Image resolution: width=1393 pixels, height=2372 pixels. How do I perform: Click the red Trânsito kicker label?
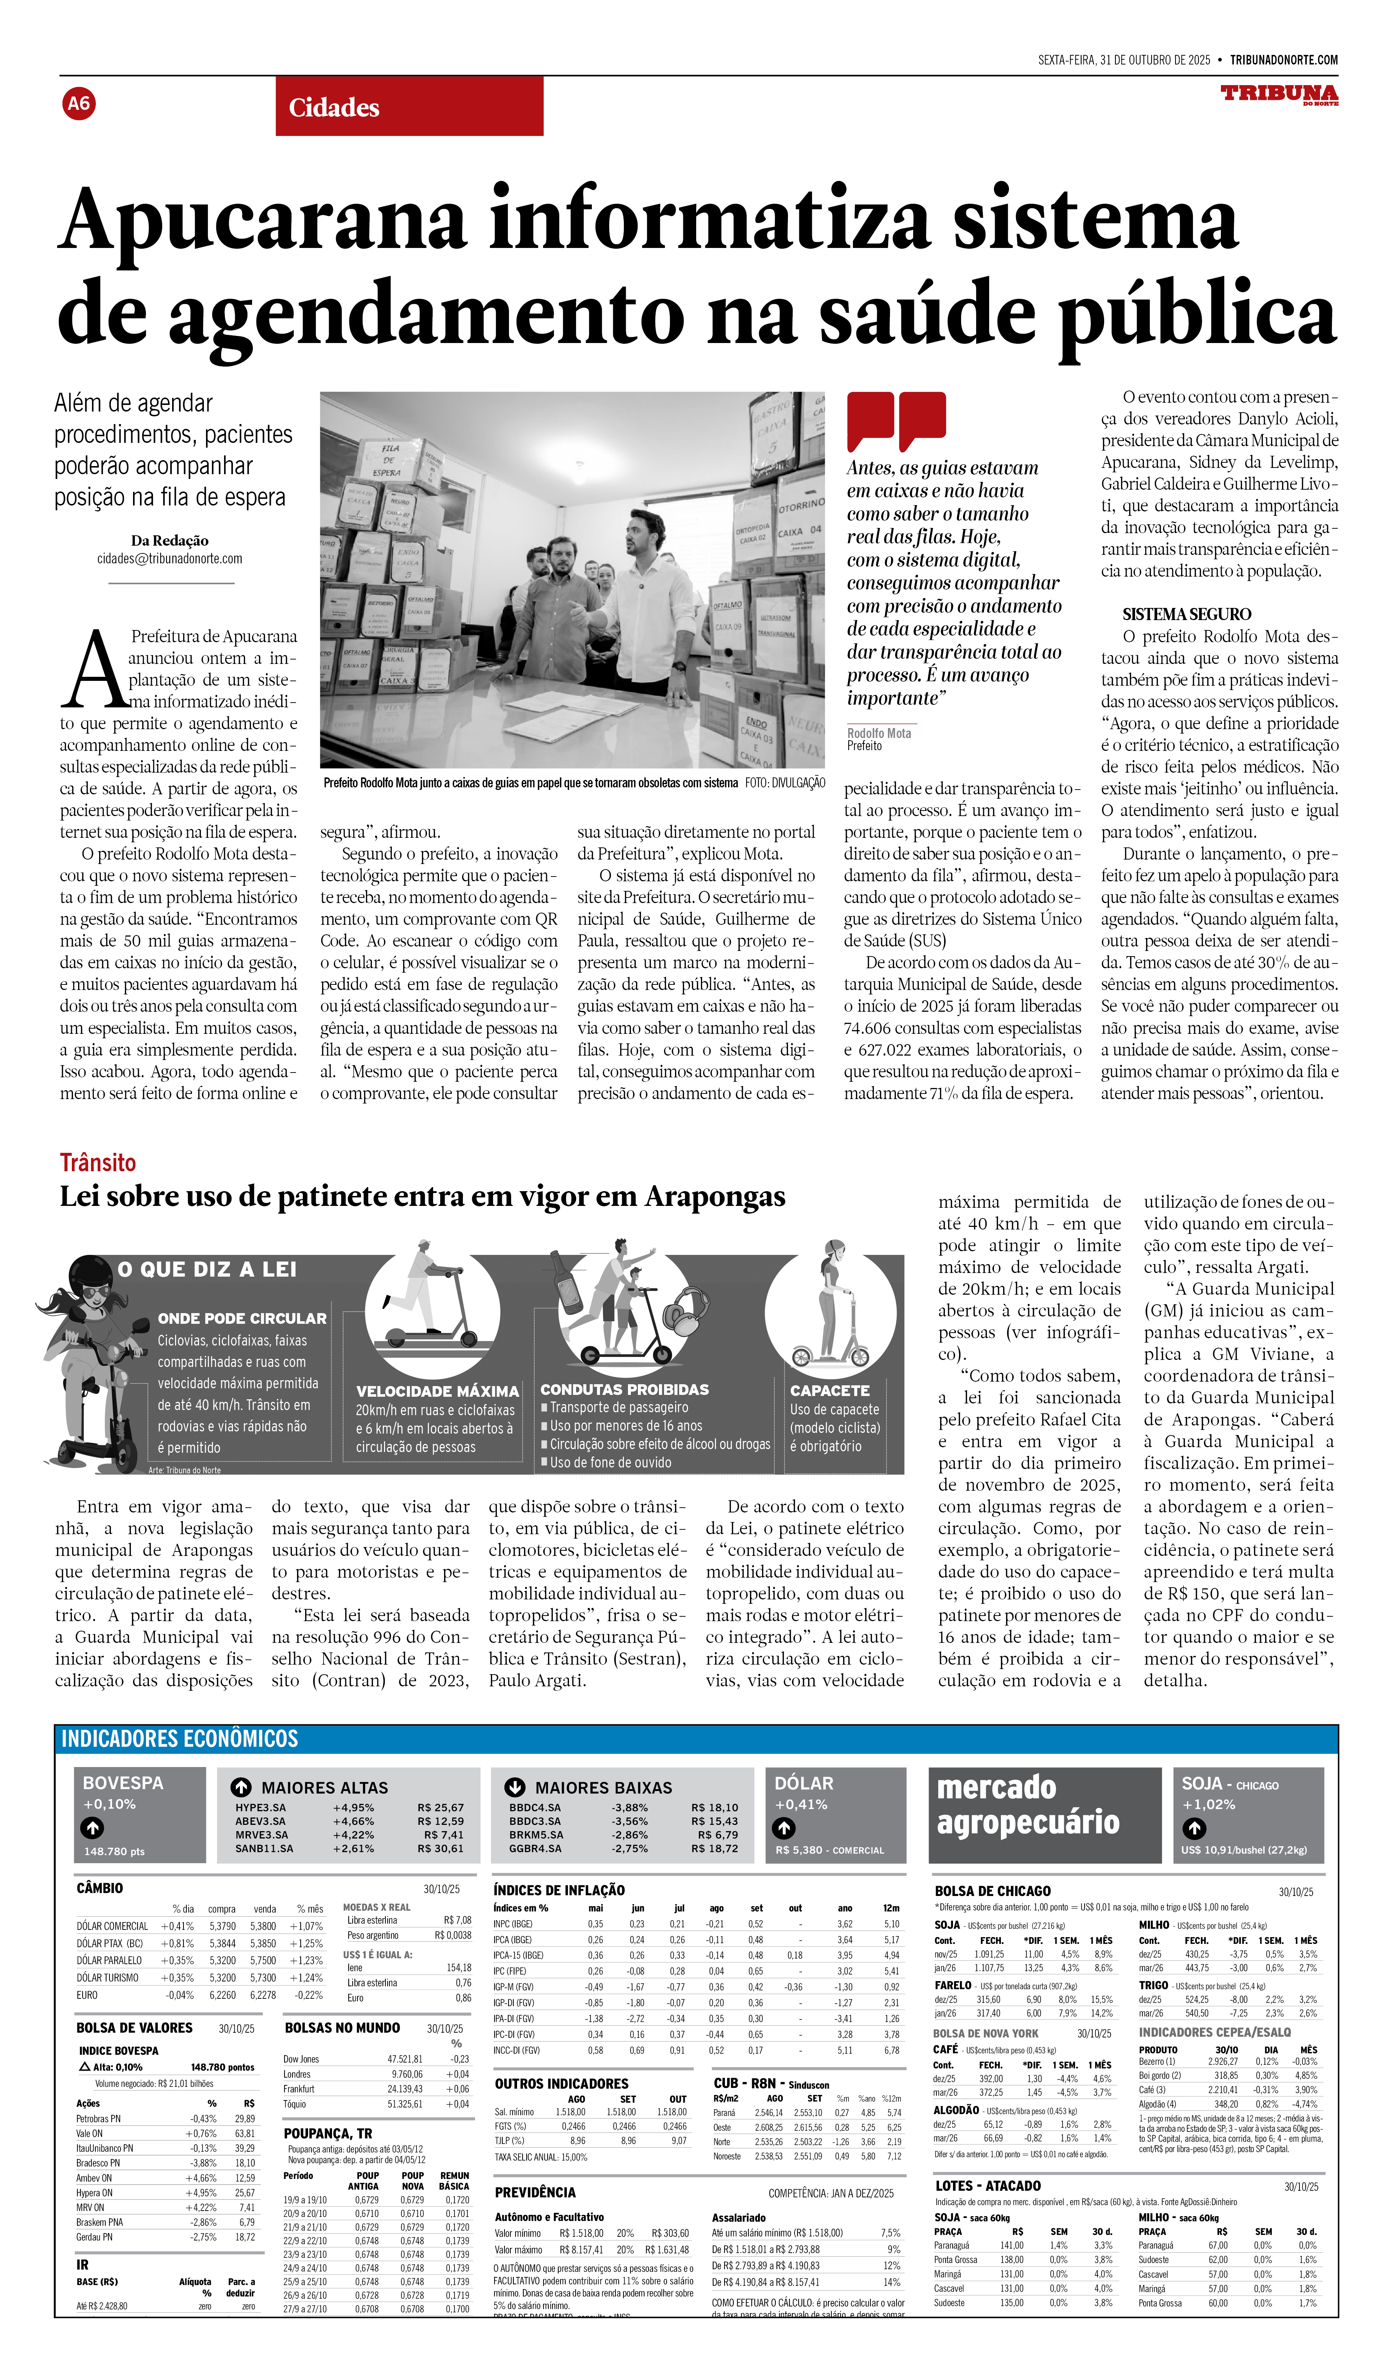pyautogui.click(x=98, y=1162)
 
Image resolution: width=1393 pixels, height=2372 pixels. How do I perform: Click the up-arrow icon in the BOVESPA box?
pyautogui.click(x=92, y=1828)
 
